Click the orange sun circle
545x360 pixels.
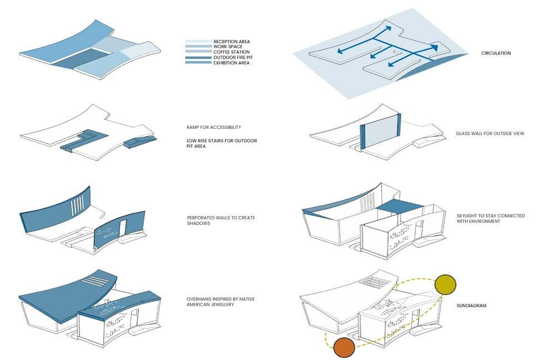[343, 348]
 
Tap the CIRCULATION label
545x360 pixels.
[496, 53]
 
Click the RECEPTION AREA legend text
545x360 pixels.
[232, 42]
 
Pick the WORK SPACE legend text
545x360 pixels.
[227, 47]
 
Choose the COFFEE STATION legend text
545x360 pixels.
[231, 52]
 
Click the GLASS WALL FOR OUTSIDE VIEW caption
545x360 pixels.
[489, 133]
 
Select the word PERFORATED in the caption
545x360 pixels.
[201, 217]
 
